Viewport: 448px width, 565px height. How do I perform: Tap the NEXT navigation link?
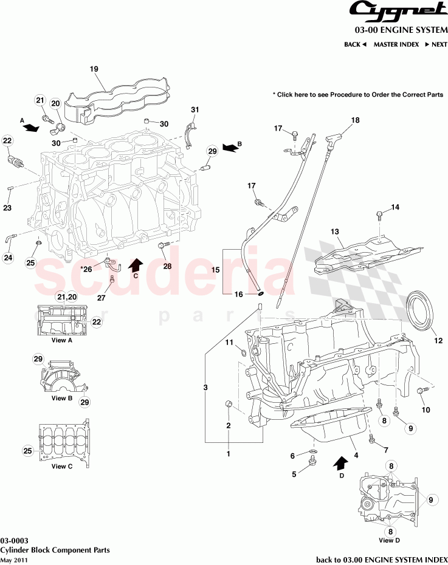(436, 44)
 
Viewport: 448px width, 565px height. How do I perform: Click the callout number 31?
(195, 109)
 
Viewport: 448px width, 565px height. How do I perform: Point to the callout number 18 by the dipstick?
(355, 120)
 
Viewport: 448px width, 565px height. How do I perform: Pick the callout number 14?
(395, 207)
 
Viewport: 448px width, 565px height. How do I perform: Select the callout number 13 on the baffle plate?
(334, 231)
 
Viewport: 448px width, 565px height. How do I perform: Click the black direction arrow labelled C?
(136, 265)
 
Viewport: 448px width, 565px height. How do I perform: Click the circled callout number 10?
(426, 410)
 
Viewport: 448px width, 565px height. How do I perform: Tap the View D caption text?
(389, 539)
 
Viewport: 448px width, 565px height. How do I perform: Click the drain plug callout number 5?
(294, 474)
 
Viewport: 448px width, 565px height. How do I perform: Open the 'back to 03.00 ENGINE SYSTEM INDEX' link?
(382, 559)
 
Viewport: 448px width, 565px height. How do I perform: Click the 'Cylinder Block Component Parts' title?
(55, 550)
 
